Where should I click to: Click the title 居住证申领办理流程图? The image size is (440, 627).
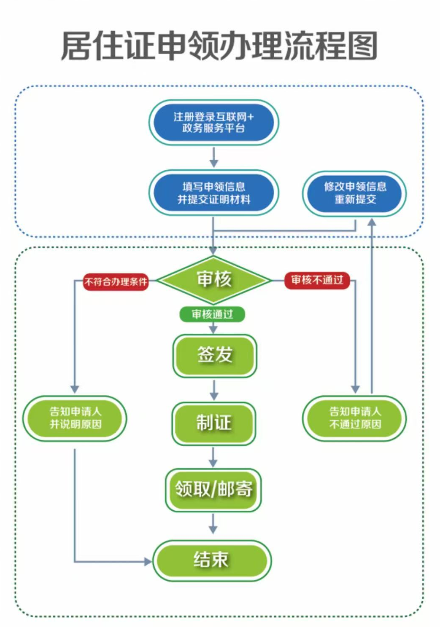coord(219,46)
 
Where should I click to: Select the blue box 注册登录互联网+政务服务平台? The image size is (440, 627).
coord(213,123)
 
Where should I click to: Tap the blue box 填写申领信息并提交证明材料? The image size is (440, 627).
coord(213,193)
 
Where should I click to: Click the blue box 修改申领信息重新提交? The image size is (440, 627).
coord(355,193)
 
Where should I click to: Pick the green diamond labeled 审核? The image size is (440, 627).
coord(214,279)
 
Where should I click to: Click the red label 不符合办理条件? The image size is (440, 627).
coord(116,281)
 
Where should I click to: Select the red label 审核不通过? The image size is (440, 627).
coord(317,280)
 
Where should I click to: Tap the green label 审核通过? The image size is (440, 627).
coord(212,314)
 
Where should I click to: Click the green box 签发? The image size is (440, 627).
coord(214,355)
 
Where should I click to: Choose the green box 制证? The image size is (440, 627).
coord(214,423)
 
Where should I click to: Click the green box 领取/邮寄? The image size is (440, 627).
coord(213,490)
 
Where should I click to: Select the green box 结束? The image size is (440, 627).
coord(212,560)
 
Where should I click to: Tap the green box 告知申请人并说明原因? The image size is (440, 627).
coord(75,418)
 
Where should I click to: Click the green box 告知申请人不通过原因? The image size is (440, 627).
coord(355,418)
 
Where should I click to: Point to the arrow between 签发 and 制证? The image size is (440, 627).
coord(214,390)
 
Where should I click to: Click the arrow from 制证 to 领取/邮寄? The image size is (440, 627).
coord(213,458)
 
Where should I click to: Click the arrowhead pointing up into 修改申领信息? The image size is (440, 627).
coord(372,222)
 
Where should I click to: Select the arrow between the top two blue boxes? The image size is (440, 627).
coord(214,158)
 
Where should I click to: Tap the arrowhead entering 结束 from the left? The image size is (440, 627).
coord(147,561)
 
